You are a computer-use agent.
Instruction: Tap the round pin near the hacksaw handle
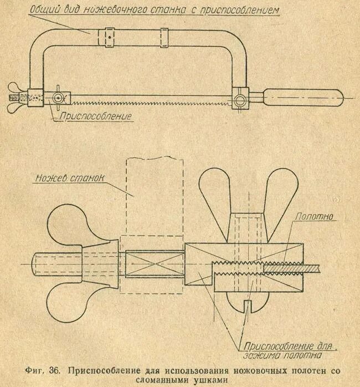coord(239,100)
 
